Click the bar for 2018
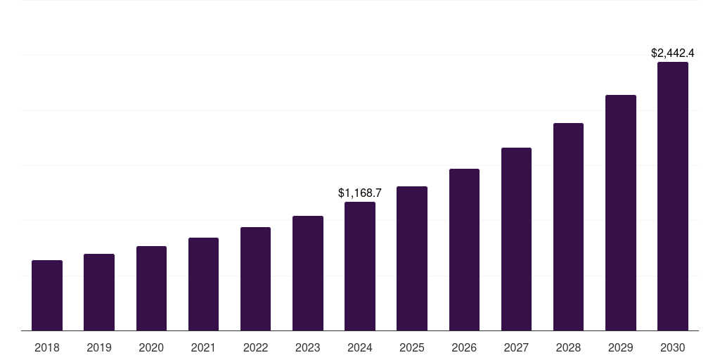[47, 295]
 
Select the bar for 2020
[151, 288]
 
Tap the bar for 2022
[255, 278]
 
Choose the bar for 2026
[464, 250]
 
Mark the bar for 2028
[568, 226]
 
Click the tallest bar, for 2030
[673, 196]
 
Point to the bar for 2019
[99, 292]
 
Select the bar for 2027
[516, 239]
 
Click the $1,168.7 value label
[360, 192]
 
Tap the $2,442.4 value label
[673, 53]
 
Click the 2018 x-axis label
[47, 347]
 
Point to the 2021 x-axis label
[203, 347]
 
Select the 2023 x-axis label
[308, 347]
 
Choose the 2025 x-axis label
[412, 347]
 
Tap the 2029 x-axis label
[621, 347]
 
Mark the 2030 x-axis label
[673, 347]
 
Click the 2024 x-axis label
[360, 347]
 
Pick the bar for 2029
[621, 212]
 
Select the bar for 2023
[308, 273]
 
